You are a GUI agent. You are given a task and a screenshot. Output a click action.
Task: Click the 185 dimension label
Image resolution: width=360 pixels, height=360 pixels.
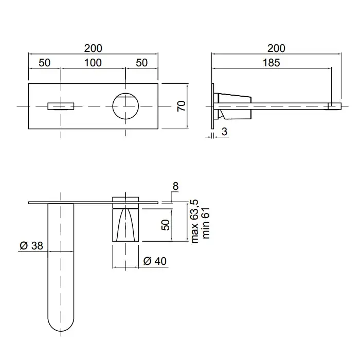(x=271, y=63)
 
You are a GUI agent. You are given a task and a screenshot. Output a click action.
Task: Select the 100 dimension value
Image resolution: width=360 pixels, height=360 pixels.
(x=93, y=63)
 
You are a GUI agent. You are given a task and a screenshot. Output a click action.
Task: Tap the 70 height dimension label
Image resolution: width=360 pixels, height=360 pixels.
(x=181, y=106)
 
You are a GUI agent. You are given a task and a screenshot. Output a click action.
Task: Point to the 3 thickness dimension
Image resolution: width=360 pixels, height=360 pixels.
(x=224, y=132)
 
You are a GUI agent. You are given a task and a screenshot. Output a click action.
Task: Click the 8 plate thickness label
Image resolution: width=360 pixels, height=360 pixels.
(x=175, y=186)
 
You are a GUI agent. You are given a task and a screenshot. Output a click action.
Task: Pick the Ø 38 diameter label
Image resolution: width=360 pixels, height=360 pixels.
(x=31, y=246)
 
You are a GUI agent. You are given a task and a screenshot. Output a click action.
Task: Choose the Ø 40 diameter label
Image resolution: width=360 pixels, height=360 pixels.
(x=155, y=261)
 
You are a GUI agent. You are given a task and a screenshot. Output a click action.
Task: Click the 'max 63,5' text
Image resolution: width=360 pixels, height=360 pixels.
(x=194, y=221)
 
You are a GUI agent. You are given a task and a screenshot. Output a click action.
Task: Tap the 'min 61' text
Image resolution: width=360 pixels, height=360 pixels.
(x=206, y=223)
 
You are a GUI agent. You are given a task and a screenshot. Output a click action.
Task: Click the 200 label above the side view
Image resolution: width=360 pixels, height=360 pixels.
(x=276, y=48)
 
